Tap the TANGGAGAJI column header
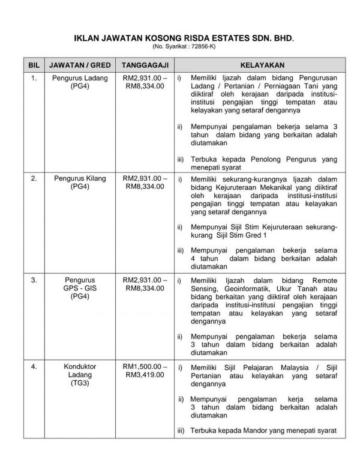(143, 64)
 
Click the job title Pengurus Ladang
(79, 79)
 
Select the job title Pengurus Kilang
(79, 179)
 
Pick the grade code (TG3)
(79, 382)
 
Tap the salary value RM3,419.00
(143, 374)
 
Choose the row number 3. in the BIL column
(34, 280)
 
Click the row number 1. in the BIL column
(34, 79)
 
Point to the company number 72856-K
(196, 46)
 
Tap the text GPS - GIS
(79, 288)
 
